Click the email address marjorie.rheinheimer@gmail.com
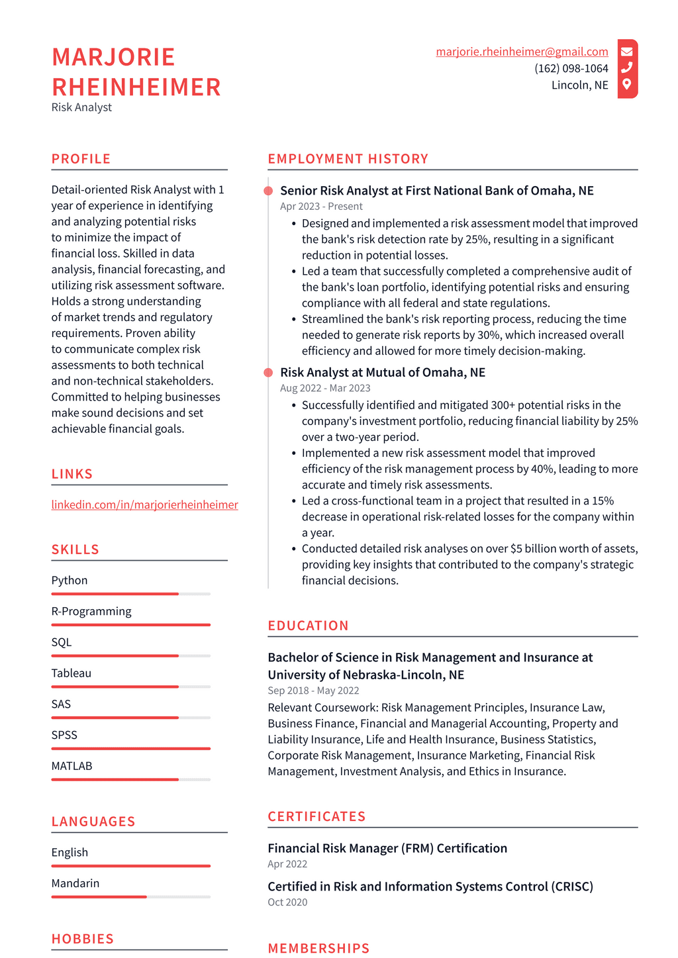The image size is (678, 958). [x=522, y=52]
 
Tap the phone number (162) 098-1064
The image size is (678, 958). [x=571, y=68]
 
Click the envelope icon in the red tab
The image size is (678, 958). [x=626, y=52]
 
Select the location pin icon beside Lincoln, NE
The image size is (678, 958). [x=626, y=84]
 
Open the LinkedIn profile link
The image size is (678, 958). [x=144, y=504]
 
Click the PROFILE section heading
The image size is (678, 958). [x=81, y=159]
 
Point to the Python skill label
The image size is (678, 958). [x=70, y=580]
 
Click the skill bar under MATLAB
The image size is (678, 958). [x=130, y=779]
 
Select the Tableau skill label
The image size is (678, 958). [x=72, y=673]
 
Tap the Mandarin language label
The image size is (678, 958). [x=75, y=883]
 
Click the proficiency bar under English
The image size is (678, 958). [x=130, y=865]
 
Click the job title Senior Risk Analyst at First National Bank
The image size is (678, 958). [x=436, y=191]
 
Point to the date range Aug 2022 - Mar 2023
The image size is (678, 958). [x=325, y=388]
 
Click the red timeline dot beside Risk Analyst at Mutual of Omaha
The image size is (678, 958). [x=268, y=373]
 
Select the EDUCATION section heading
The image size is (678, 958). [x=308, y=626]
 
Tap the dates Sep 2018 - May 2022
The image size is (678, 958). [x=313, y=691]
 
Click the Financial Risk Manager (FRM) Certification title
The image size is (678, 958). [x=387, y=848]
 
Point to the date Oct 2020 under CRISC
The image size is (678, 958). [x=287, y=902]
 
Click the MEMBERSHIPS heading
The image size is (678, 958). [x=318, y=948]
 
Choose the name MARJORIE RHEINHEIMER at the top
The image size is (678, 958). [x=136, y=72]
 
